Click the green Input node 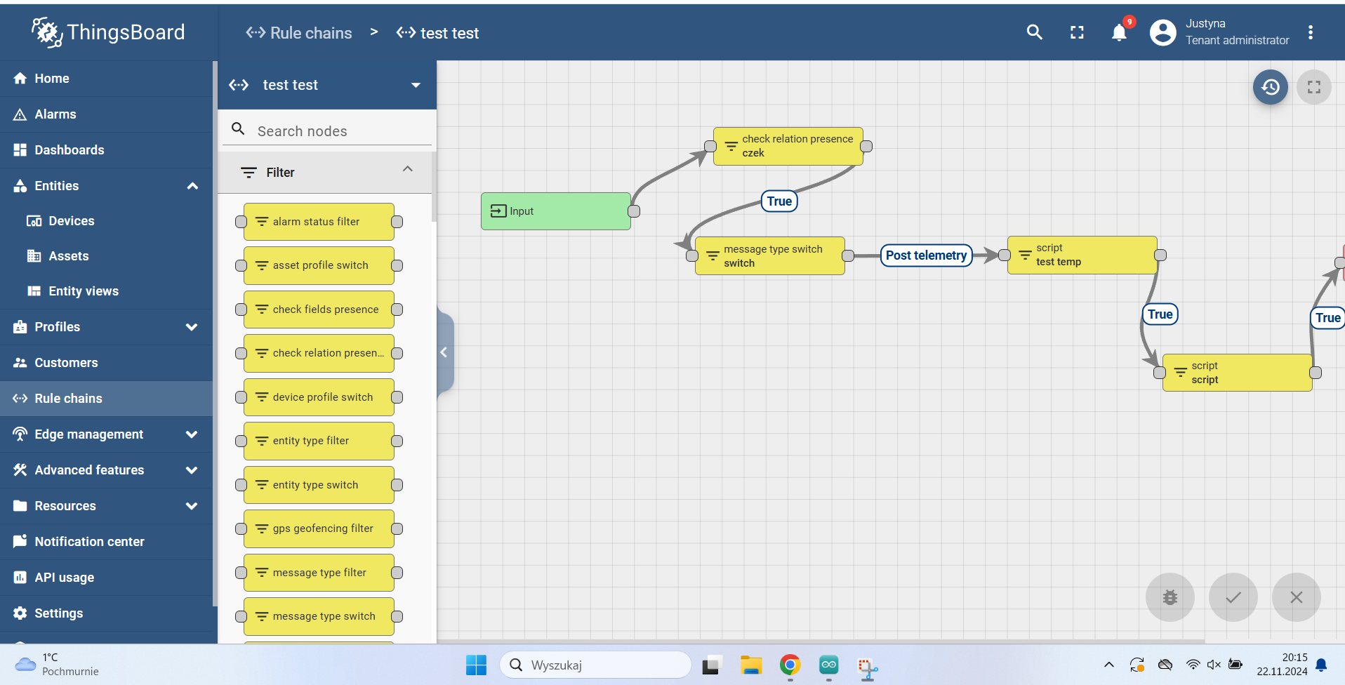pyautogui.click(x=555, y=211)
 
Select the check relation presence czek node pyautogui.click(x=788, y=146)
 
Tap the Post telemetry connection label pyautogui.click(x=926, y=255)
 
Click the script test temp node pyautogui.click(x=1082, y=255)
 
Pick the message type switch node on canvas pyautogui.click(x=769, y=256)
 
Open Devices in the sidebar pyautogui.click(x=72, y=221)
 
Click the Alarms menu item pyautogui.click(x=55, y=114)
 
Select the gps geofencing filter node pyautogui.click(x=319, y=528)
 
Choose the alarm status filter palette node pyautogui.click(x=319, y=222)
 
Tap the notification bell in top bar pyautogui.click(x=1119, y=33)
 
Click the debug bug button pyautogui.click(x=1170, y=597)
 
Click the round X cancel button pyautogui.click(x=1296, y=597)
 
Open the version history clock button pyautogui.click(x=1270, y=87)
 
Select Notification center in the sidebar pyautogui.click(x=89, y=542)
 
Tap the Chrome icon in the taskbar pyautogui.click(x=790, y=665)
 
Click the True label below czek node pyautogui.click(x=779, y=201)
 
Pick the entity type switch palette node pyautogui.click(x=319, y=485)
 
